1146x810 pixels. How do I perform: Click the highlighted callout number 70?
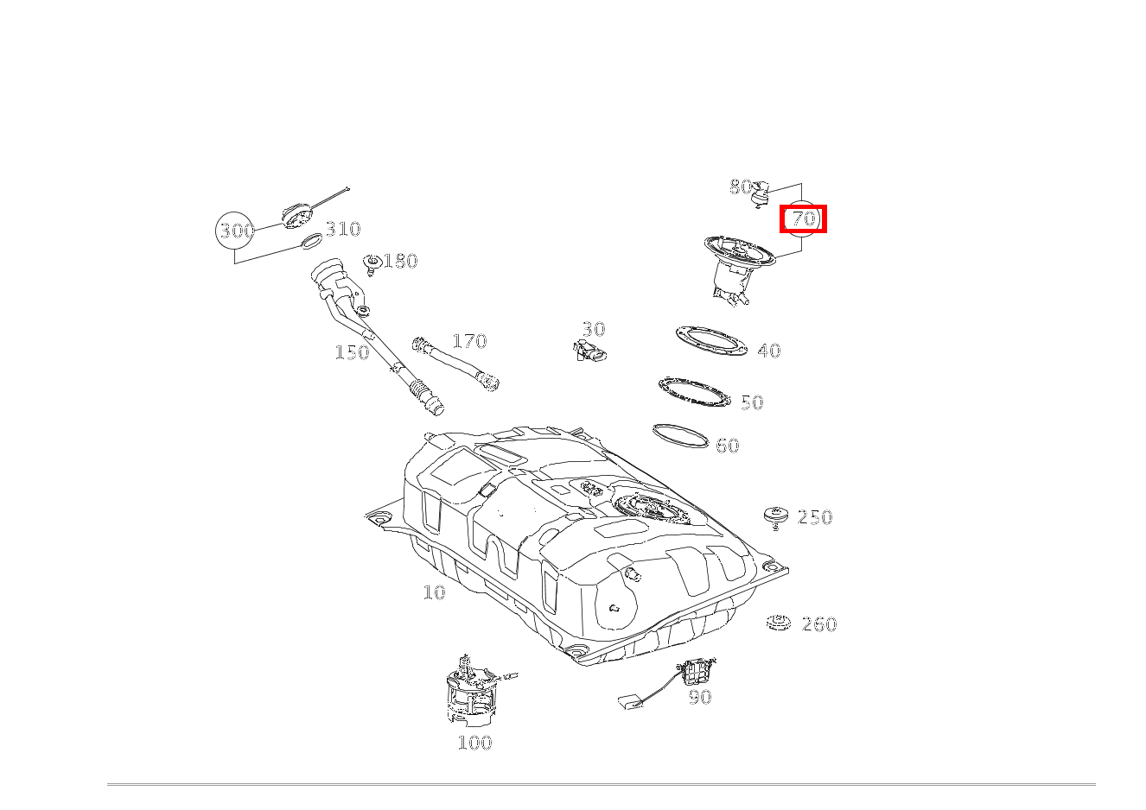(x=804, y=218)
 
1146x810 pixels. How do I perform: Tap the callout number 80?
(x=740, y=187)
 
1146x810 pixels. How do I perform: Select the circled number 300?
(x=235, y=231)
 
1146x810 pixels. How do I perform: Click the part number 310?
(x=342, y=229)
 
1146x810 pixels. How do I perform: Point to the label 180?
(x=400, y=261)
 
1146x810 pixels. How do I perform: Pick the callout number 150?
(x=352, y=352)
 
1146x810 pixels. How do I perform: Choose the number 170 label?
(x=469, y=341)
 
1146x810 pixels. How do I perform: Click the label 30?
(x=593, y=329)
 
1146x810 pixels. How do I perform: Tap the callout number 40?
(x=768, y=351)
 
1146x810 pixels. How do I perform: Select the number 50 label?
(x=752, y=402)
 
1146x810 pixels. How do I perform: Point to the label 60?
(x=728, y=446)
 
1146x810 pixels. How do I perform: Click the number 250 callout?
(x=814, y=517)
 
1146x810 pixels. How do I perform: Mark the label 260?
(x=818, y=624)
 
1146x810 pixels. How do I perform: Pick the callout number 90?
(x=700, y=697)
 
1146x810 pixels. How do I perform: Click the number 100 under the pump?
(x=474, y=743)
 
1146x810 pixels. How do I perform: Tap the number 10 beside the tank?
(x=434, y=592)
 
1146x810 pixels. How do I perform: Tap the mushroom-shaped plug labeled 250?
(x=776, y=516)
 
